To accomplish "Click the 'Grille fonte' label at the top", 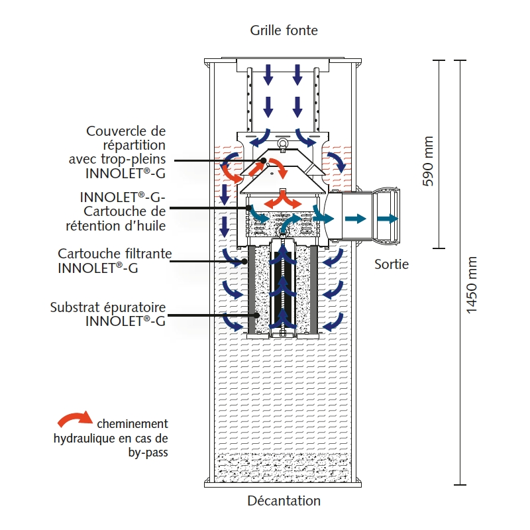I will click(284, 30).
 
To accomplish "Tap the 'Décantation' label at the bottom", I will click(284, 501).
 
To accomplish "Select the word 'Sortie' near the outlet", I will click(392, 264).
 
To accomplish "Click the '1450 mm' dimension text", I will click(472, 285).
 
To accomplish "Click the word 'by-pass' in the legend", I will click(146, 453).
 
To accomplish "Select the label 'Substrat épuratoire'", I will click(107, 307).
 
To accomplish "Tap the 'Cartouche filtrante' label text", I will click(115, 254).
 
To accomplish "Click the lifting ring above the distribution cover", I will click(282, 144).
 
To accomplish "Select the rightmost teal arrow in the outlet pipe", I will click(388, 219).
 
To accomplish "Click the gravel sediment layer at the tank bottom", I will click(283, 470).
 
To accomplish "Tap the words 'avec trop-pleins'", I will click(117, 159).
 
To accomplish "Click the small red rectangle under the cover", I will click(283, 192).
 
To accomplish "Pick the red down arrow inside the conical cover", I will click(281, 170).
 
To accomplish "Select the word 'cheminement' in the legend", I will click(132, 424).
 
